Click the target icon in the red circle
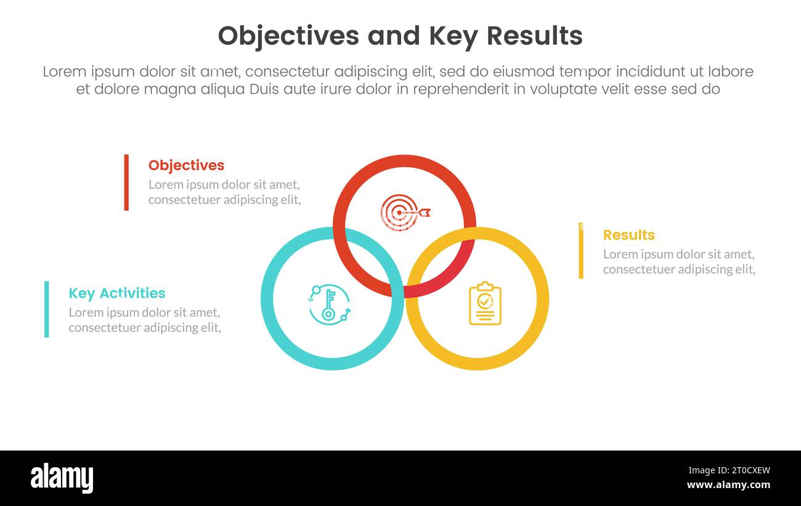(404, 213)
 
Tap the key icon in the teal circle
(329, 304)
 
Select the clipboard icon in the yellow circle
(485, 303)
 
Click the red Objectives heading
(186, 165)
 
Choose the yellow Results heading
(628, 235)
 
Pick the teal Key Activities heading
(117, 293)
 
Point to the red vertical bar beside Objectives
(126, 182)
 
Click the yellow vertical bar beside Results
(580, 251)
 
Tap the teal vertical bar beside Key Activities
(46, 309)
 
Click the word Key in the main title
(450, 36)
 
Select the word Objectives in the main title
(288, 36)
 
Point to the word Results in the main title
(534, 36)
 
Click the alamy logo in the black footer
(62, 478)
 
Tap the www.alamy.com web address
(728, 485)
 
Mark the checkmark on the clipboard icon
(485, 301)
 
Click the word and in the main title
(391, 36)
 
